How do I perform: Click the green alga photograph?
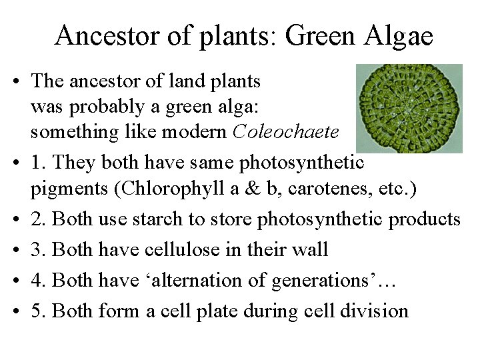(409, 109)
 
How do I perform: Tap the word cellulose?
(194, 251)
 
